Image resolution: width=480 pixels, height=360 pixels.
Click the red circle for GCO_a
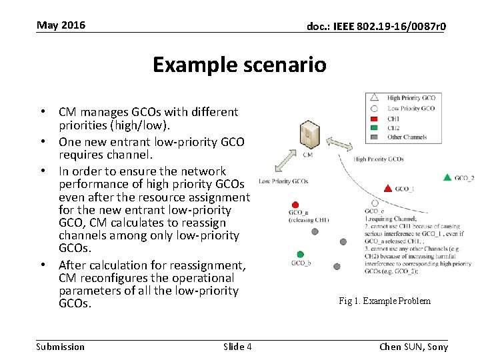click(295, 205)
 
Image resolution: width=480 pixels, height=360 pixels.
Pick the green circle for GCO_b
click(301, 254)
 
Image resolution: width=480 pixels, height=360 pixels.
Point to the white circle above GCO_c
click(375, 203)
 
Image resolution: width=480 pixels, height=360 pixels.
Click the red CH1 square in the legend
click(375, 118)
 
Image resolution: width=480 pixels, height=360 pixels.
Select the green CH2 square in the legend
click(375, 127)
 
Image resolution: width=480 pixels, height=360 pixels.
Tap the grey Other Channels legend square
click(375, 137)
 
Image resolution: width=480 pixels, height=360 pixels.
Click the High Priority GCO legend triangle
click(375, 97)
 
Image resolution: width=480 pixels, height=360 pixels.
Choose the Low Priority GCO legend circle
click(375, 108)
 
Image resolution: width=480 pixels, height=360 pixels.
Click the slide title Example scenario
click(239, 65)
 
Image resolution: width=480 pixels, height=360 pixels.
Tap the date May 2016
click(61, 25)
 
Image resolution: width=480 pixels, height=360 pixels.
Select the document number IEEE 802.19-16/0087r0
click(376, 27)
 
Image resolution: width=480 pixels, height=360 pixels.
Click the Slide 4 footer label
click(237, 346)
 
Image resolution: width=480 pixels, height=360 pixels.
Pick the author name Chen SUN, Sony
click(413, 346)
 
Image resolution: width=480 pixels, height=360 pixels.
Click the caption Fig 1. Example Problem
click(385, 301)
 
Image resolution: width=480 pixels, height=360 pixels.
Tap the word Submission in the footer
click(61, 346)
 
